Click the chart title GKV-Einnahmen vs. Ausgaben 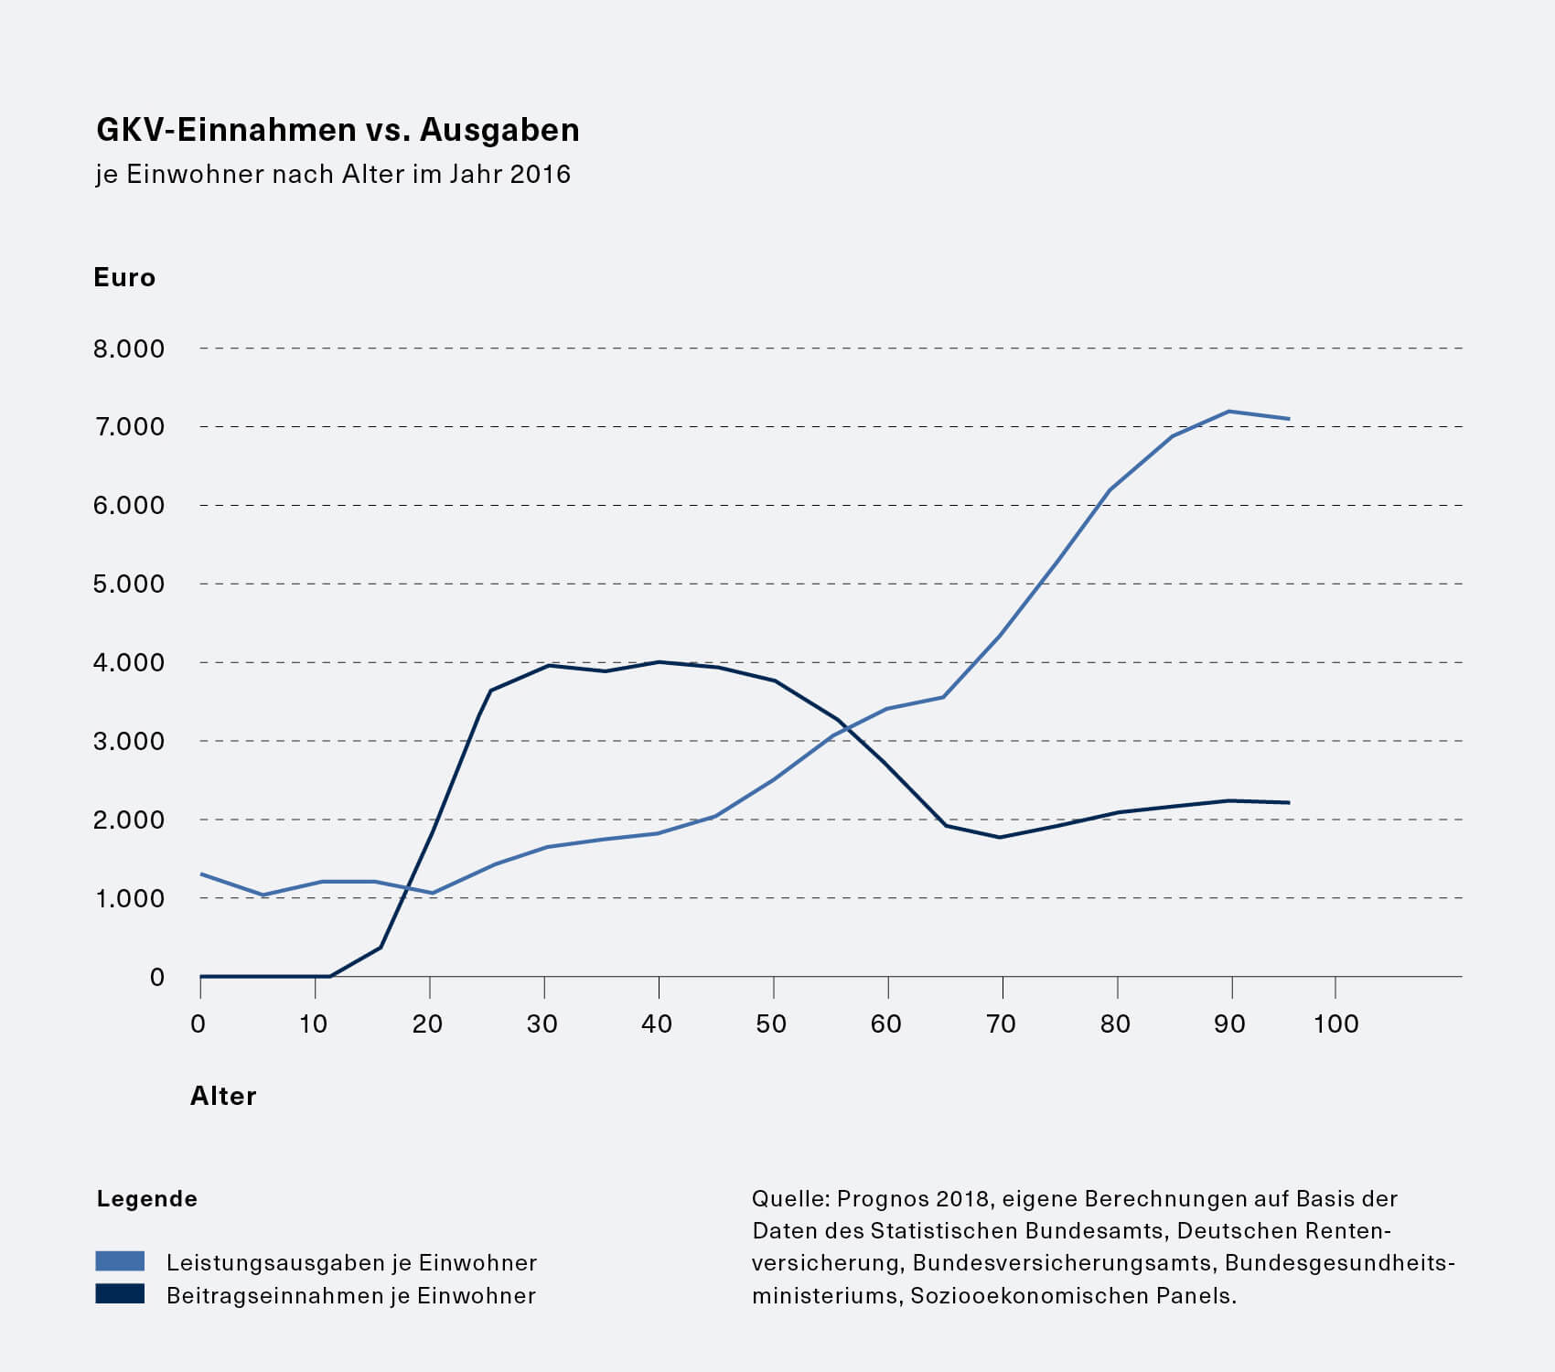pyautogui.click(x=338, y=130)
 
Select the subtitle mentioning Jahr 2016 pyautogui.click(x=333, y=174)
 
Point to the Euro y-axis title pyautogui.click(x=124, y=277)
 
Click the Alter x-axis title pyautogui.click(x=223, y=1096)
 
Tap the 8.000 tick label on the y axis pyautogui.click(x=129, y=348)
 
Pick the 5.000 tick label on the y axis pyautogui.click(x=129, y=584)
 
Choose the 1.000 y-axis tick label pyautogui.click(x=129, y=898)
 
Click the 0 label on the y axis pyautogui.click(x=157, y=977)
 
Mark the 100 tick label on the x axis pyautogui.click(x=1335, y=1024)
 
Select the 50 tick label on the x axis pyautogui.click(x=772, y=1024)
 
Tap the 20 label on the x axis pyautogui.click(x=427, y=1024)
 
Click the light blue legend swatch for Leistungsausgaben pyautogui.click(x=120, y=1261)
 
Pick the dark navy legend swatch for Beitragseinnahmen pyautogui.click(x=120, y=1294)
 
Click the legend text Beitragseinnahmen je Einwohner pyautogui.click(x=351, y=1295)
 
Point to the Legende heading pyautogui.click(x=147, y=1198)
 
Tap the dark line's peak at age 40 pyautogui.click(x=659, y=661)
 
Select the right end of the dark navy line pyautogui.click(x=1289, y=802)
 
